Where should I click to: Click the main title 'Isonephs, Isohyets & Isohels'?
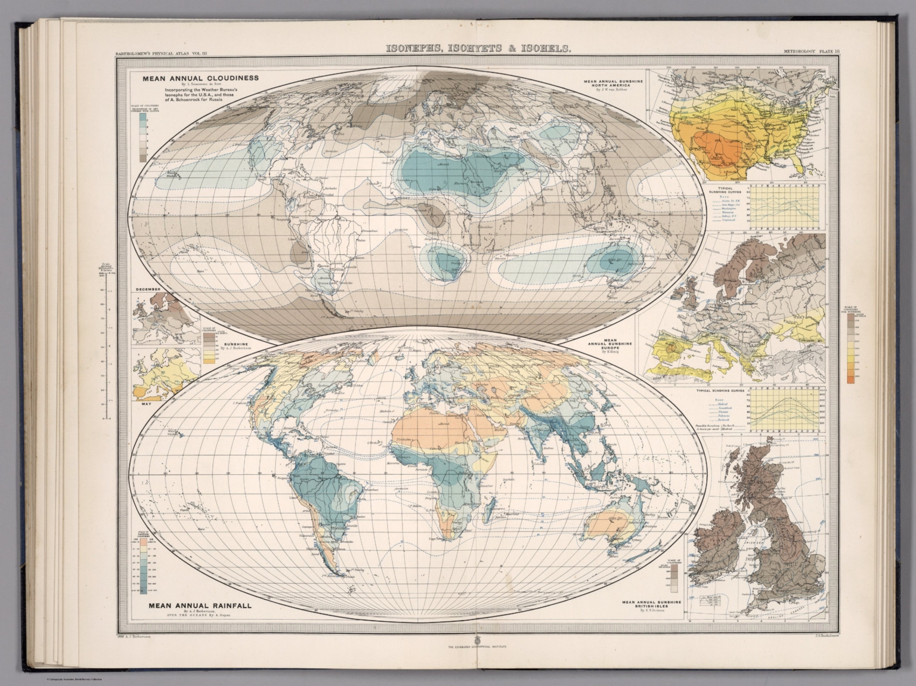[x=479, y=50]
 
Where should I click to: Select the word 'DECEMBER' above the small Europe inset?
[x=149, y=289]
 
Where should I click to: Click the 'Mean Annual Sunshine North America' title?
[x=612, y=85]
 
